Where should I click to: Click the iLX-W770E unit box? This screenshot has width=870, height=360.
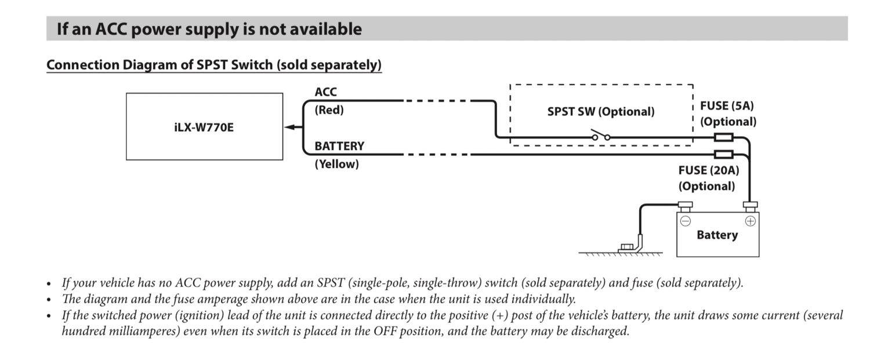[x=204, y=126]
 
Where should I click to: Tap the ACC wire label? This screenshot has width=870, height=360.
[x=325, y=92]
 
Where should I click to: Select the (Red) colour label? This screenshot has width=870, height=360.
[x=329, y=110]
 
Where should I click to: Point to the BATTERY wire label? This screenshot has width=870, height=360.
[x=339, y=146]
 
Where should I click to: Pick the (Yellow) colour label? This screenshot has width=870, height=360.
[x=336, y=164]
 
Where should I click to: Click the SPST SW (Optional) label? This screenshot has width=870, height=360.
[x=600, y=111]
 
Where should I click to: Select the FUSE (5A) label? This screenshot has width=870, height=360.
[x=727, y=106]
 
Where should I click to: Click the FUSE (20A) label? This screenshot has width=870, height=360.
[x=708, y=170]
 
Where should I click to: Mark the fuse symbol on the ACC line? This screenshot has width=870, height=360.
[x=723, y=138]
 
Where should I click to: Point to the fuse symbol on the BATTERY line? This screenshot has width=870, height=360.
[x=723, y=154]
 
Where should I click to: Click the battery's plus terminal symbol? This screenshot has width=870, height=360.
[x=750, y=220]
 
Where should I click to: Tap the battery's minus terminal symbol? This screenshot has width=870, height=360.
[x=685, y=220]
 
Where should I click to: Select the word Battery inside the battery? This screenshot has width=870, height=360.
[x=717, y=235]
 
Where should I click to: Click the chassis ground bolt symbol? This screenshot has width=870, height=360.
[x=626, y=248]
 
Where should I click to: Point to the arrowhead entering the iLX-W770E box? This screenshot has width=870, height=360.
[x=289, y=127]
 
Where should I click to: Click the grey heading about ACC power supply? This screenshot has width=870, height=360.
[x=209, y=29]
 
